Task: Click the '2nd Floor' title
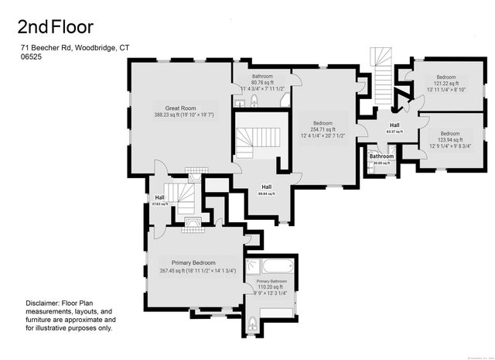pyautogui.click(x=56, y=28)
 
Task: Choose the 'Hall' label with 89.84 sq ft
pyautogui.click(x=266, y=187)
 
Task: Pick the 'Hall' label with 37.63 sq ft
pyautogui.click(x=159, y=197)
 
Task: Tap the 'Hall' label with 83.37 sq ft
pyautogui.click(x=394, y=125)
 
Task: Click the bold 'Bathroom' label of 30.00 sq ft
pyautogui.click(x=381, y=156)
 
